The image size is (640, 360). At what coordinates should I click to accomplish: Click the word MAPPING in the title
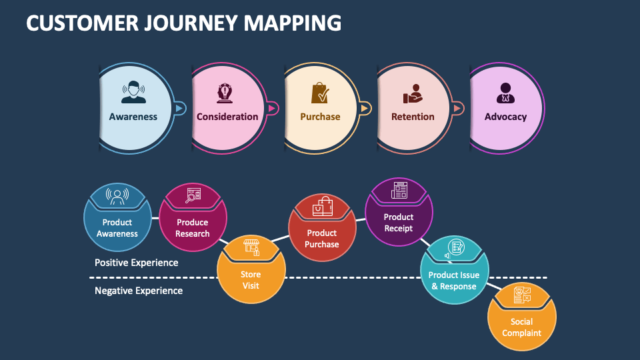pos(292,23)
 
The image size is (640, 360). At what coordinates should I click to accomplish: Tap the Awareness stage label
pos(133,117)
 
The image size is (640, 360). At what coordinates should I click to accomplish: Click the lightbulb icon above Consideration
pos(225,93)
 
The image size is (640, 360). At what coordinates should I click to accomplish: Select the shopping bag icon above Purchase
pos(320,93)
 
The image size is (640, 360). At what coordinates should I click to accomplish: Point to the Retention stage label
pos(413,117)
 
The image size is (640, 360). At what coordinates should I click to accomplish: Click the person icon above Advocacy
pos(505,93)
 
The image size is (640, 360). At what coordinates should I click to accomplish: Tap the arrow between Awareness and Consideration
pos(179,108)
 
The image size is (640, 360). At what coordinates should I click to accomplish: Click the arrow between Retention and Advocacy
pos(457,108)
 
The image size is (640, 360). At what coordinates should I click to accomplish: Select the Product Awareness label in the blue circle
pos(117,228)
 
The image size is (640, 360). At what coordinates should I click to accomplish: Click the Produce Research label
pos(192,228)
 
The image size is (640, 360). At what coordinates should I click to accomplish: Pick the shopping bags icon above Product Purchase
pos(323,206)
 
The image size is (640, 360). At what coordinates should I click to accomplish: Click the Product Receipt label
pos(399,223)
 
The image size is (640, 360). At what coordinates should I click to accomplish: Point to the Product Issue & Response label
pos(454,281)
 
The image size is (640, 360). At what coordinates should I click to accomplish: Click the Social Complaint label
pos(521,327)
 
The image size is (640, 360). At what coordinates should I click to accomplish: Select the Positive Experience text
pos(136,263)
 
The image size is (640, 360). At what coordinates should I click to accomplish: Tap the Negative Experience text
pos(139,291)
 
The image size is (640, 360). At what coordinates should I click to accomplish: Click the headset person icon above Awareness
pos(133,92)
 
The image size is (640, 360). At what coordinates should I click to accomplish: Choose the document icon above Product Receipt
pos(399,190)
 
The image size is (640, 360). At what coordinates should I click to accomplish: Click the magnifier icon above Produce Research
pos(193,195)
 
